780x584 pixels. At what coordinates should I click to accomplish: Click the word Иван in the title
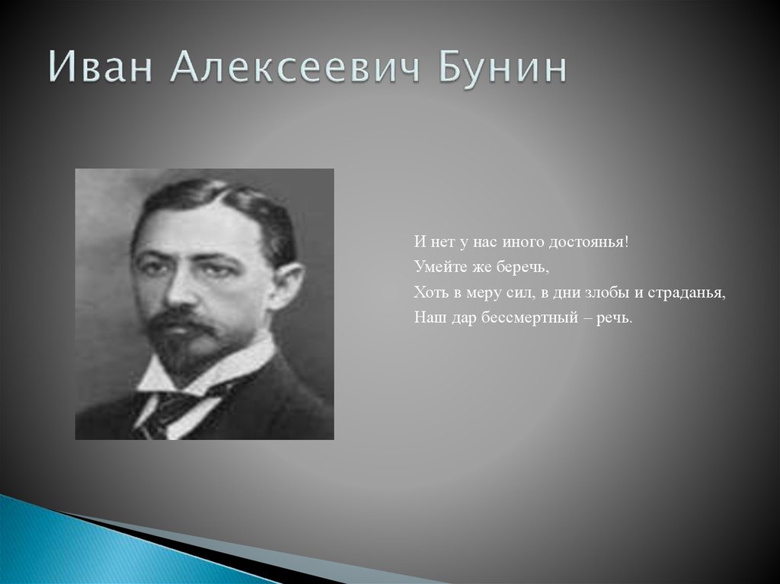click(100, 67)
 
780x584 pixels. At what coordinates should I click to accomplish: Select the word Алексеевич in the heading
click(296, 67)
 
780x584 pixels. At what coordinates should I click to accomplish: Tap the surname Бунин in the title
click(503, 68)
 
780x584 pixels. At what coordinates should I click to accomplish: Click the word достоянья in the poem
click(589, 242)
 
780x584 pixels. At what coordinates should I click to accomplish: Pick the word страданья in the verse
click(687, 293)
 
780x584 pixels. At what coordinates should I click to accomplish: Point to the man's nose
click(178, 292)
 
